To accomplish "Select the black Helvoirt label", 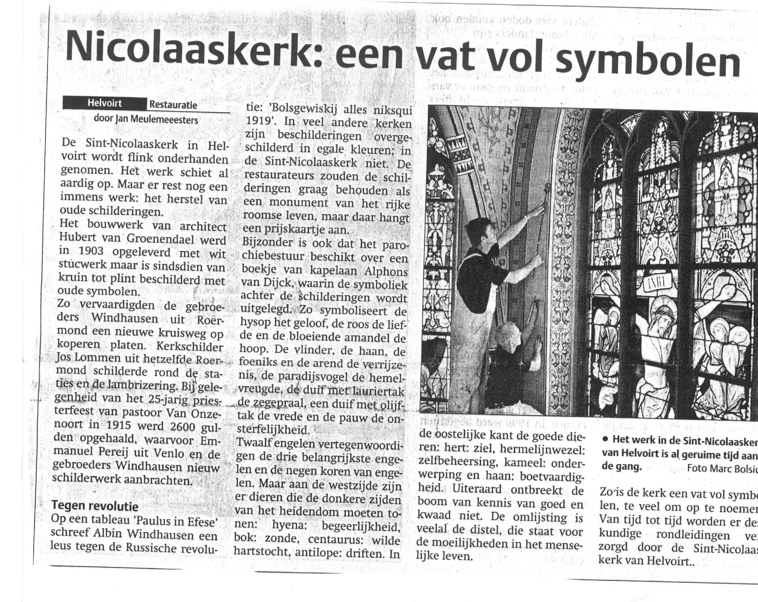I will pyautogui.click(x=104, y=103).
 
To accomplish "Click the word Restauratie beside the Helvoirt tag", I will pyautogui.click(x=173, y=105).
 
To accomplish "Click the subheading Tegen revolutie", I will pyautogui.click(x=95, y=506).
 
